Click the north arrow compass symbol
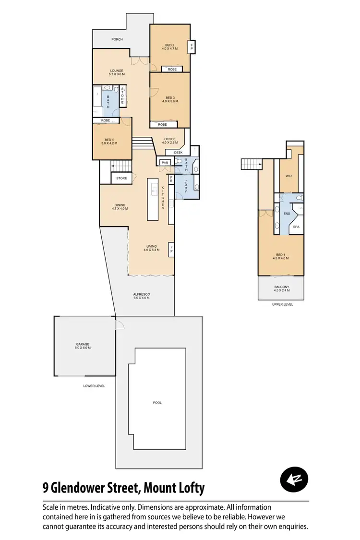[x=294, y=480]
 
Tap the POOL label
[x=157, y=403]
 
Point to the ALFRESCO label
[x=142, y=296]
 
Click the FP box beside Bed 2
[x=192, y=47]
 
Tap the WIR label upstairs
[x=288, y=176]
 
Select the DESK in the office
[x=178, y=152]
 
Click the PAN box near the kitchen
[x=165, y=163]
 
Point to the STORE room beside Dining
[x=122, y=178]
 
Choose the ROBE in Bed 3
[x=162, y=124]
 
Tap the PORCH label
[x=117, y=39]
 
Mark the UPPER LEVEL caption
[x=282, y=304]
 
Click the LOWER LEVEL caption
[x=94, y=385]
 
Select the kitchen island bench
[x=153, y=200]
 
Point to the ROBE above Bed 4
[x=106, y=120]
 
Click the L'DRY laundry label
[x=186, y=186]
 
